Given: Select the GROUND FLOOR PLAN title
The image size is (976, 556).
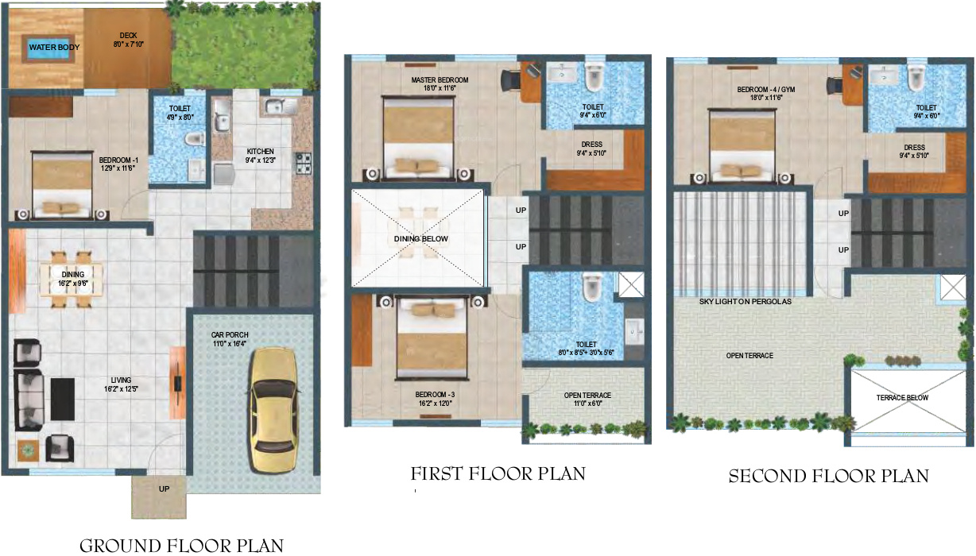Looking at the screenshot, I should (x=181, y=545).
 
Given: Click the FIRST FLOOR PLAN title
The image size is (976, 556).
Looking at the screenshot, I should (x=498, y=474).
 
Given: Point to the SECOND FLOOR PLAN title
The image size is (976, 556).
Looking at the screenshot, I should (x=829, y=477).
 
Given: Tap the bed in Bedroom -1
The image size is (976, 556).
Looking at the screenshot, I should (x=63, y=186).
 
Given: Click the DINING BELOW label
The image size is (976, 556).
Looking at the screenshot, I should (x=420, y=239).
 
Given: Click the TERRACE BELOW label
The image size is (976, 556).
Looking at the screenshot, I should (x=902, y=397).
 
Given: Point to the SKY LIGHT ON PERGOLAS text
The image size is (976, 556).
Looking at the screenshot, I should (x=745, y=302).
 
